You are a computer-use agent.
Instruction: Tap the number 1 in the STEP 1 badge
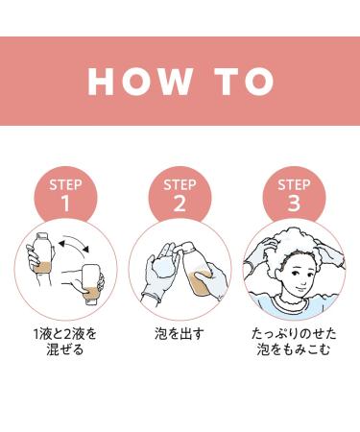pos(65,203)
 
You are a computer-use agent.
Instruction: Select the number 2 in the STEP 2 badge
pos(180,203)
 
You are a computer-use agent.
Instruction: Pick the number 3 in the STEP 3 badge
pos(294,203)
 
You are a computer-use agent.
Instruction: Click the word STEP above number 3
pos(294,185)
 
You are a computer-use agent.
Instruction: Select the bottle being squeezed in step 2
pos(198,271)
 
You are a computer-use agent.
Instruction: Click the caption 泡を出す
pos(180,334)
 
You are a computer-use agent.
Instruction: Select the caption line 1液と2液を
pos(65,334)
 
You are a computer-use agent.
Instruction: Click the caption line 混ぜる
pos(65,348)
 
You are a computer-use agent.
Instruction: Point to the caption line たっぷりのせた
pos(294,334)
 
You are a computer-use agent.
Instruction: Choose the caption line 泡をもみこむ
pos(294,348)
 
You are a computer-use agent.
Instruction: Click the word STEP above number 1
pos(65,185)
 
